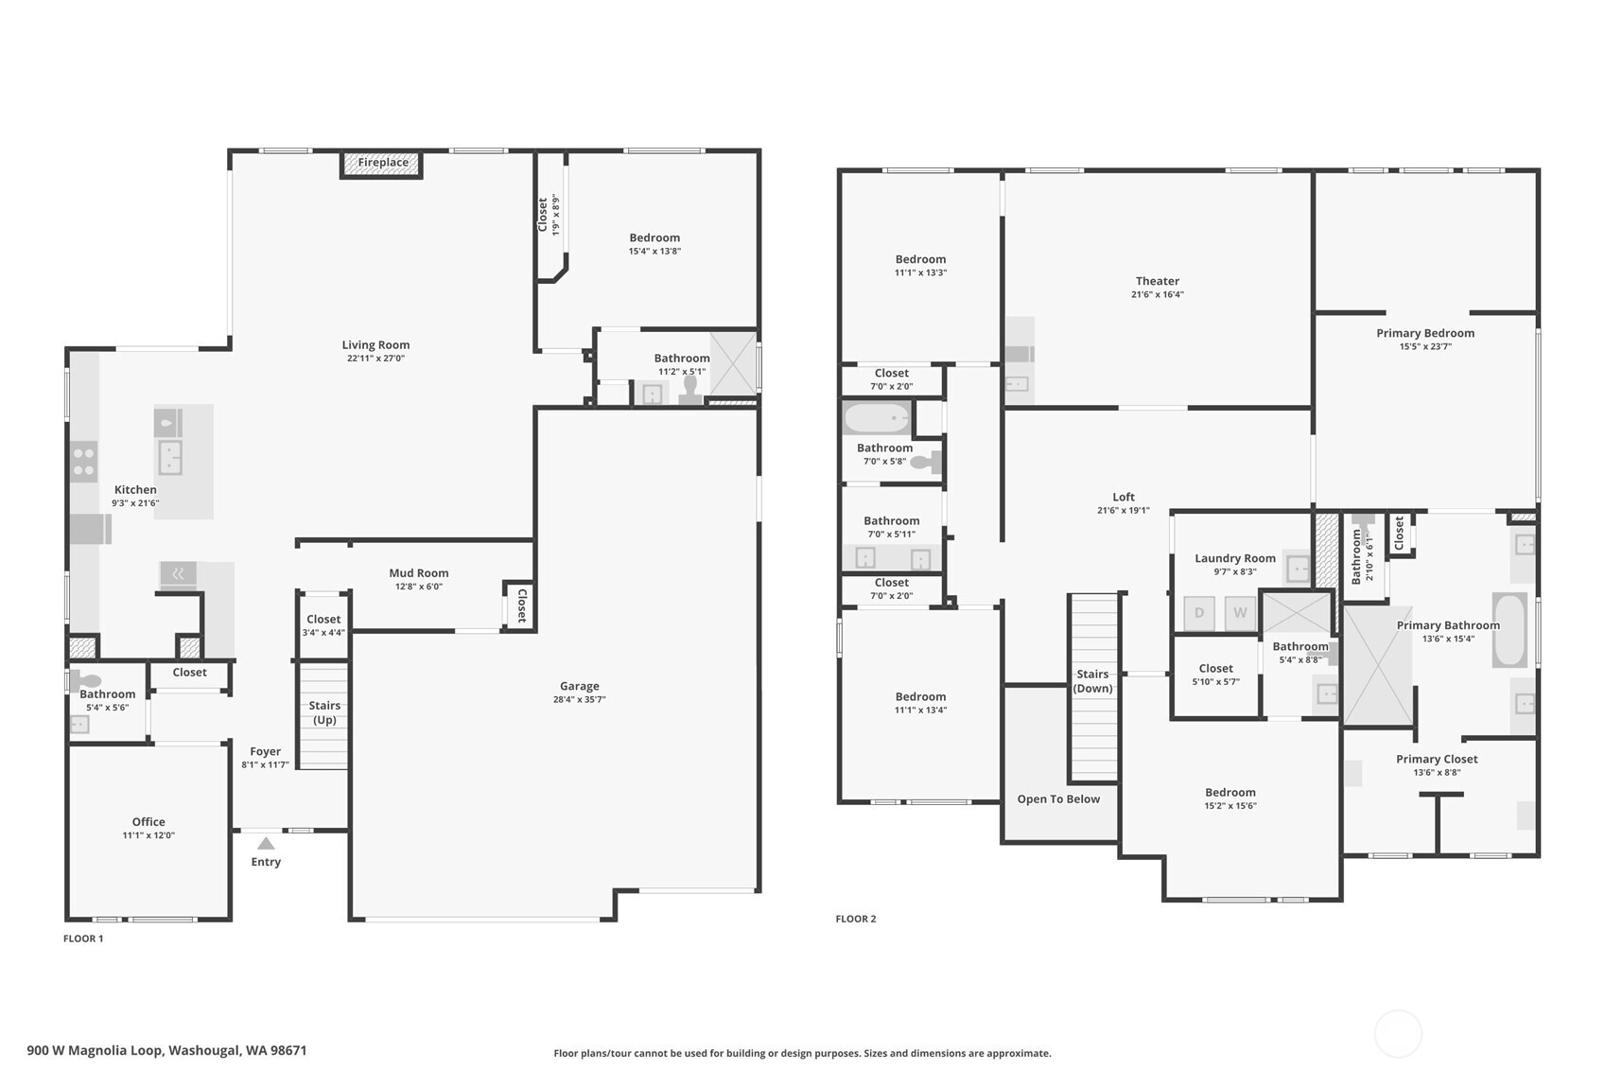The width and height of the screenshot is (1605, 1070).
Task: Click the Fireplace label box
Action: click(x=381, y=164)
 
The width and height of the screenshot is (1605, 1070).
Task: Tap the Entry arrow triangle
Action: click(x=266, y=844)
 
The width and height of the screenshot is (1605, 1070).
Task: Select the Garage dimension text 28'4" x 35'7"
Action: click(x=579, y=699)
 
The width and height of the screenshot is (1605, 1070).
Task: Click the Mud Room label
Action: click(x=418, y=572)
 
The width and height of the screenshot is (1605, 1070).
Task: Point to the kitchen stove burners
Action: click(x=84, y=462)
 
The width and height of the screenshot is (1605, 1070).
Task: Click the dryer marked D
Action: click(x=1198, y=613)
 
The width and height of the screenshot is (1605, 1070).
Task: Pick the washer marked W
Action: click(x=1240, y=613)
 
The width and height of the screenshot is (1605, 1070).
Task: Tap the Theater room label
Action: click(x=1158, y=281)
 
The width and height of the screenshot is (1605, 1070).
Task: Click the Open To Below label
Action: click(x=1058, y=799)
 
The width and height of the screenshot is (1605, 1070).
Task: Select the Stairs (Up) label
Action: click(x=323, y=712)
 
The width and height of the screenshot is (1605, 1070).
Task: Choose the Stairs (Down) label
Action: click(x=1092, y=681)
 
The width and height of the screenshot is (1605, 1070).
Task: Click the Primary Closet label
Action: click(x=1437, y=759)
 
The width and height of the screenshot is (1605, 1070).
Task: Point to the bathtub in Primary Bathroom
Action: click(x=1509, y=630)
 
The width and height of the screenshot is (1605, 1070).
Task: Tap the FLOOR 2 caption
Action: click(x=856, y=919)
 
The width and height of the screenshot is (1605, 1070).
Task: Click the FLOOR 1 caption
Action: click(x=83, y=938)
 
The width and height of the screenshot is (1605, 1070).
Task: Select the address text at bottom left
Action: click(x=167, y=1051)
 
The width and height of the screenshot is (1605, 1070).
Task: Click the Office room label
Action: click(x=148, y=822)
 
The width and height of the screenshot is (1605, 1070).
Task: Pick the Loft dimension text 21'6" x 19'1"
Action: click(x=1123, y=510)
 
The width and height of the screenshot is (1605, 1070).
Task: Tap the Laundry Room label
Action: click(x=1235, y=558)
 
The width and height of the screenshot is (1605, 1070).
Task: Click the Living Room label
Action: click(x=375, y=344)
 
